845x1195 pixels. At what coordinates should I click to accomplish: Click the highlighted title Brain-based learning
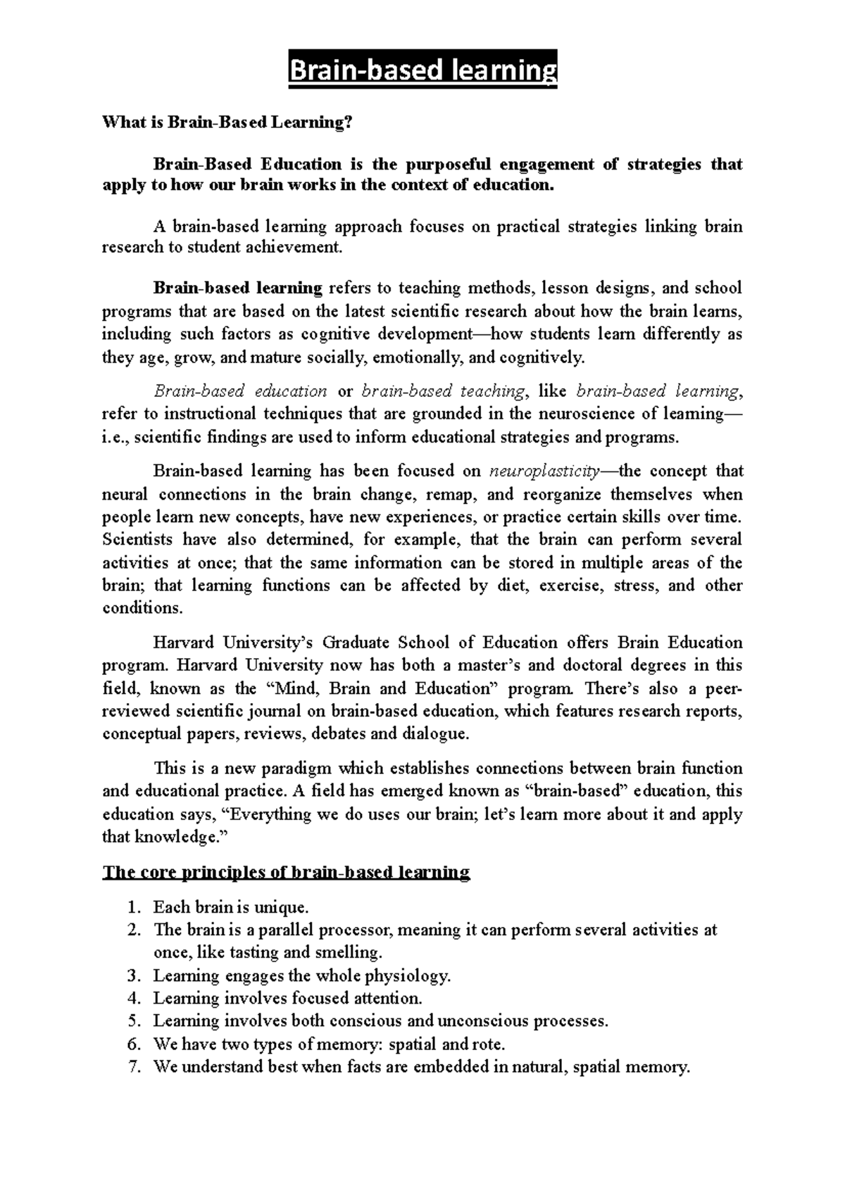[x=423, y=70]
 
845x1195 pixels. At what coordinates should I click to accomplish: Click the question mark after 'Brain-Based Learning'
[x=346, y=122]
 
